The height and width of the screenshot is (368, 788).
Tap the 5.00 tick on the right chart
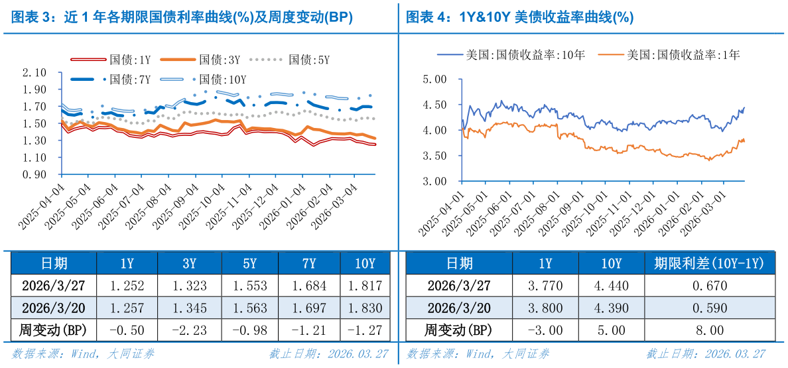[435, 79]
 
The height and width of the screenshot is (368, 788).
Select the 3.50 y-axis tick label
[435, 156]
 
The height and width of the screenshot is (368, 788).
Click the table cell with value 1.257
[127, 308]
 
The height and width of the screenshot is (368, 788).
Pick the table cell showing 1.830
[365, 308]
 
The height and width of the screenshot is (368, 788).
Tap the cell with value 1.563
[249, 308]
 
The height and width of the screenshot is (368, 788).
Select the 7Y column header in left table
[308, 263]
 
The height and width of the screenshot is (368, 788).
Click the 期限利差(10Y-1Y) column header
[709, 263]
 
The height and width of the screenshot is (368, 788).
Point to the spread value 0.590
[709, 308]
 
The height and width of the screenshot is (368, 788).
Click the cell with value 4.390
[611, 308]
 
